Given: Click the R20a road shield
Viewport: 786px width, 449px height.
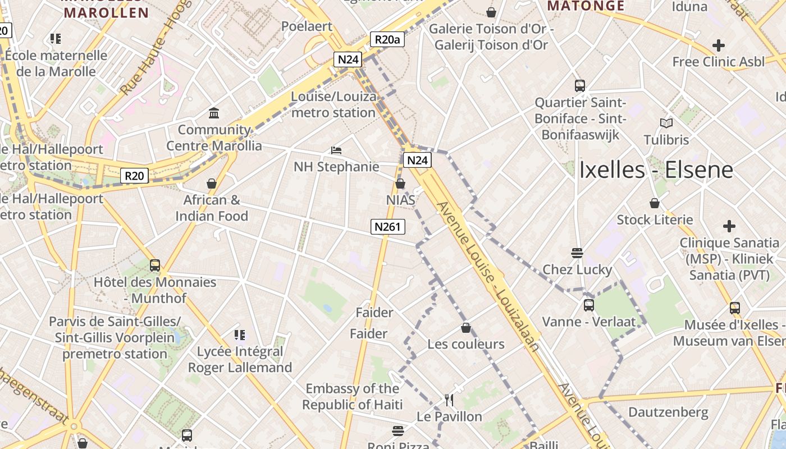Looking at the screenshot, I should (x=387, y=39).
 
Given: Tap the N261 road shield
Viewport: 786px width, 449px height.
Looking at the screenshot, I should (x=387, y=227).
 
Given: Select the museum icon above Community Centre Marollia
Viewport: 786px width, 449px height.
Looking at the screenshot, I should (x=214, y=113).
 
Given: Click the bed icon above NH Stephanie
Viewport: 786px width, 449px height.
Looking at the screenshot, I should (x=336, y=150).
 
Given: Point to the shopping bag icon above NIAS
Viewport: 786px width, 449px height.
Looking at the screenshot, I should (x=400, y=184).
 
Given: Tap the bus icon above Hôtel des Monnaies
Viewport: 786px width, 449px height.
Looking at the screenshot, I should (x=155, y=265).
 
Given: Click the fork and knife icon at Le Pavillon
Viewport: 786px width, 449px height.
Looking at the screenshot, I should (x=449, y=400).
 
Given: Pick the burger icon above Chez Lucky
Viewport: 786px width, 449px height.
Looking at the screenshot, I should (x=577, y=253).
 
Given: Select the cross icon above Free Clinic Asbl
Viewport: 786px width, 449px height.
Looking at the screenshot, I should (x=718, y=45).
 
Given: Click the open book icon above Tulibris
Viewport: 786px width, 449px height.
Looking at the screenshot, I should (x=666, y=123).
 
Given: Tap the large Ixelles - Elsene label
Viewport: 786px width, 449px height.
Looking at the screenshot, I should (x=656, y=169).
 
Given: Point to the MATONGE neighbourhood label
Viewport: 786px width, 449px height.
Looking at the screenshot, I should (x=586, y=6).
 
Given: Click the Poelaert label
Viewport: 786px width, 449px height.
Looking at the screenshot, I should (x=307, y=26).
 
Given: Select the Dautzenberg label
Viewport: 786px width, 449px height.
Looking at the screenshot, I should (x=668, y=413).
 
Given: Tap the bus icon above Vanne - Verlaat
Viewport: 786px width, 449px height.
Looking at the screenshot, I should (x=588, y=305).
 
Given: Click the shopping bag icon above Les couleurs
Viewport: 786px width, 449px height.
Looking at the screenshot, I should (x=465, y=328).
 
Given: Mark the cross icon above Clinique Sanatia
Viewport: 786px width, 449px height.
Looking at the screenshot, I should (x=729, y=226).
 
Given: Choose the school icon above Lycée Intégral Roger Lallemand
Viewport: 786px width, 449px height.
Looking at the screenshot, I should (x=240, y=335).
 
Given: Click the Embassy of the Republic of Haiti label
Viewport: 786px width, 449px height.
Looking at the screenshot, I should (x=353, y=396).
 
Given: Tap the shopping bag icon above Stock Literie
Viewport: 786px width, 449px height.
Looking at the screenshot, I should (x=655, y=203).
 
